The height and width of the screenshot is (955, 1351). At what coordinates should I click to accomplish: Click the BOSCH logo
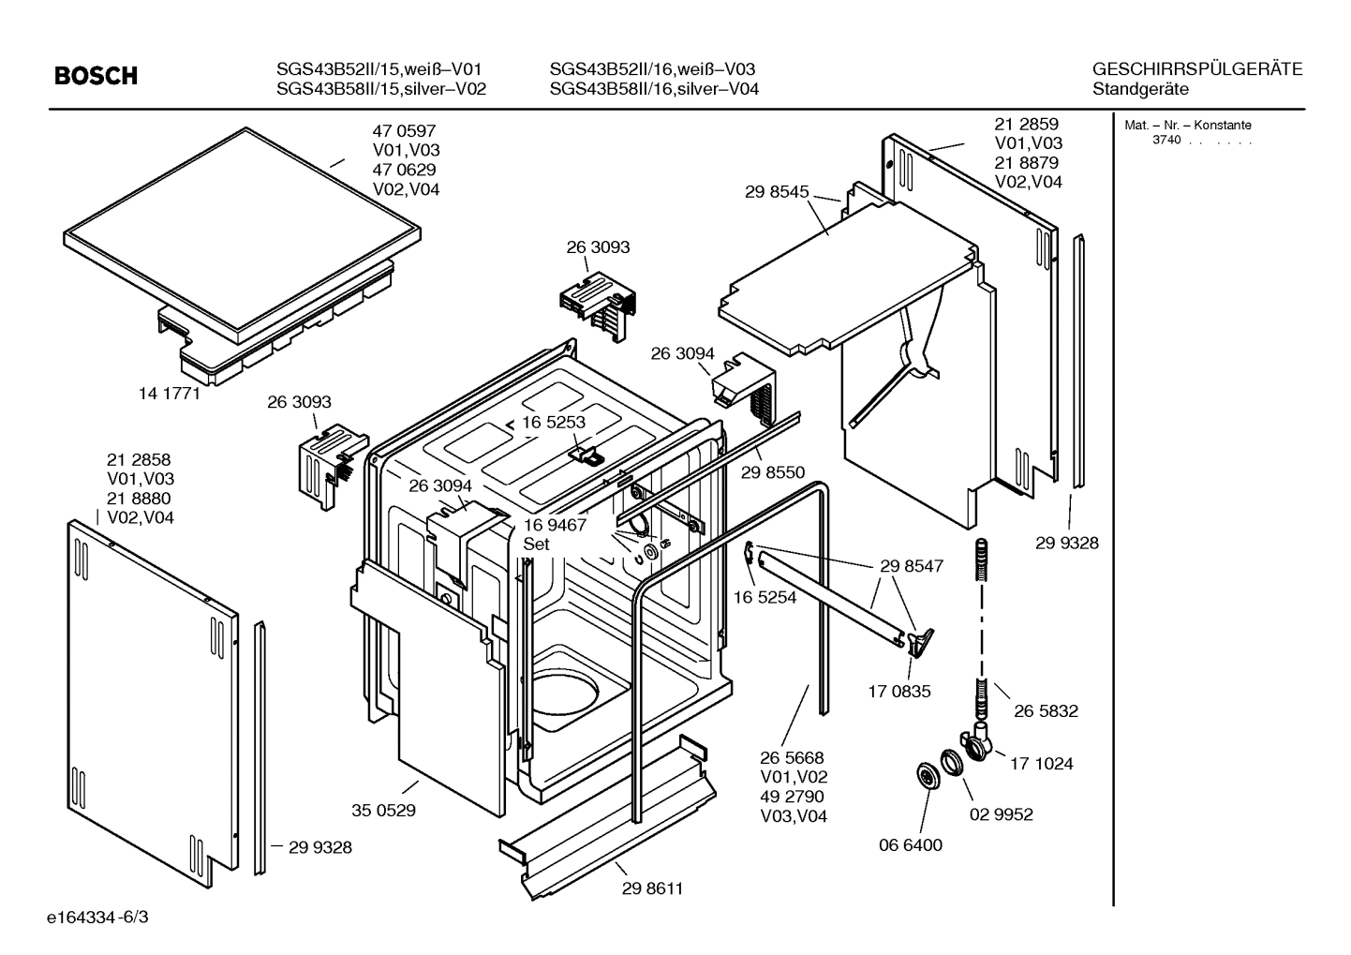coord(96,76)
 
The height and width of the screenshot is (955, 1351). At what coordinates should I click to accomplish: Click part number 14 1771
coord(170,394)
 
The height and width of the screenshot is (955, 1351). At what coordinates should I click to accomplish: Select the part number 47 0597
coord(404,131)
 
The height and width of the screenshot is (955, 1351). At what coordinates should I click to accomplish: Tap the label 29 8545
coord(777,192)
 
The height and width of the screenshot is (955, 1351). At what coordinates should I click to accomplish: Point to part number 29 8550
coord(772,472)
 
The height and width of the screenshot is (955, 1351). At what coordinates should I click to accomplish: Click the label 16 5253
coord(554,423)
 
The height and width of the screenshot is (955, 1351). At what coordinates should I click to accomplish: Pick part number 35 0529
coord(383,810)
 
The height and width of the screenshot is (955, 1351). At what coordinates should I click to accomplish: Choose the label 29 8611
coord(652,888)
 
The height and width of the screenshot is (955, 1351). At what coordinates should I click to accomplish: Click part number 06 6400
coord(910,844)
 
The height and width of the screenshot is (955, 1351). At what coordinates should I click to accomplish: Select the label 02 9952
coord(1001,813)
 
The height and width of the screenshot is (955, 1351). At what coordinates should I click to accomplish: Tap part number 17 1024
coord(1041,763)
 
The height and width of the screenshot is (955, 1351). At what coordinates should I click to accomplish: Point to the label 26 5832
coord(1046,710)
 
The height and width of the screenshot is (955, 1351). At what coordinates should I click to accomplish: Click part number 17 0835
coord(899,692)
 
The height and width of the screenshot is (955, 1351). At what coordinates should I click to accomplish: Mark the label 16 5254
coord(765,597)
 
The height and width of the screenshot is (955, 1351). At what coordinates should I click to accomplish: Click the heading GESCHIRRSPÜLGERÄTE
coord(1196,69)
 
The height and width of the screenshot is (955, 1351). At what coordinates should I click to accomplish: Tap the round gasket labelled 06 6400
coord(927,776)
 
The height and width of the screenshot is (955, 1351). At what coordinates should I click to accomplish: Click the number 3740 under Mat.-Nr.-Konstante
coord(1165,141)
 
